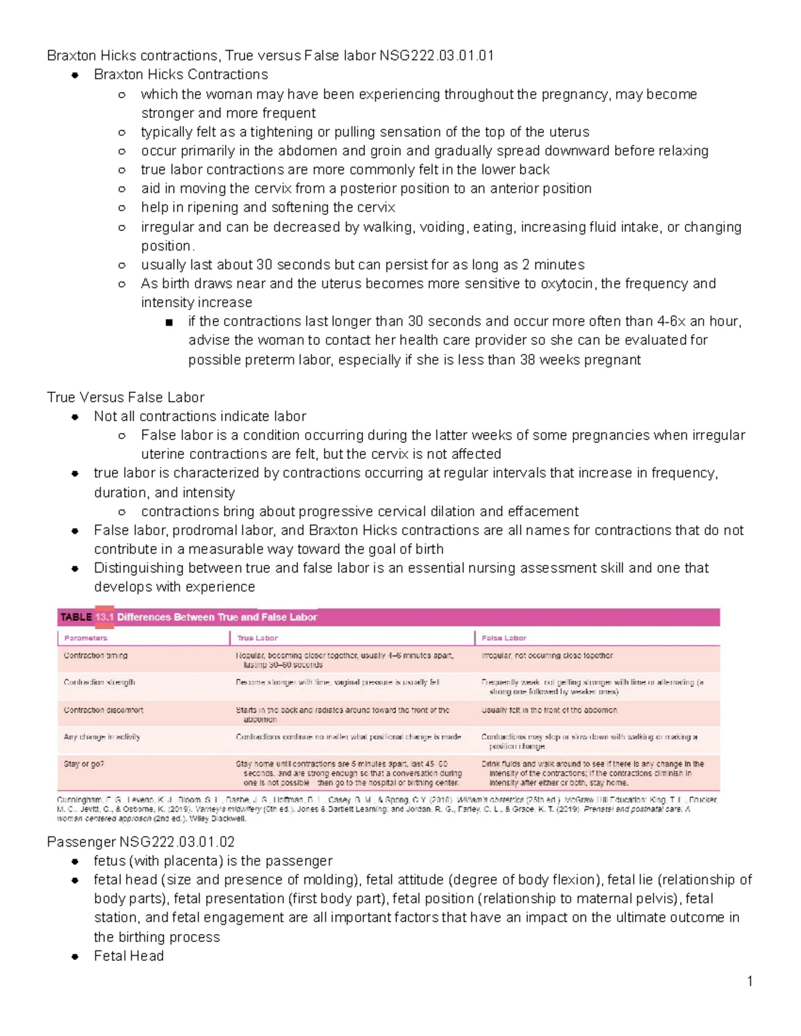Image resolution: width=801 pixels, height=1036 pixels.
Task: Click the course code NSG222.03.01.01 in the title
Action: click(x=437, y=55)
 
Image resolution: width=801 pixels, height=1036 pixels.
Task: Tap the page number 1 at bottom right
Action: click(x=750, y=981)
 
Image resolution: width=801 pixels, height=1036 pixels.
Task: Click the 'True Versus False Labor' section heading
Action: click(x=125, y=398)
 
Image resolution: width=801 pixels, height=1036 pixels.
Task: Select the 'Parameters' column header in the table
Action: click(x=85, y=638)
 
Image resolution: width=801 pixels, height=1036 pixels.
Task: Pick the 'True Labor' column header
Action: click(x=257, y=638)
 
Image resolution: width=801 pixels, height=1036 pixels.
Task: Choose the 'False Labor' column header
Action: click(x=503, y=638)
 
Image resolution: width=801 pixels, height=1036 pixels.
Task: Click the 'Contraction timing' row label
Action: click(x=95, y=656)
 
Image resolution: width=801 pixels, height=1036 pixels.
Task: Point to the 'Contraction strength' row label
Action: click(x=99, y=682)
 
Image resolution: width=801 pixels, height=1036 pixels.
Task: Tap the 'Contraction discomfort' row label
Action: click(x=103, y=710)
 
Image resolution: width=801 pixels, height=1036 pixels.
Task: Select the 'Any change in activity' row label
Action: click(x=101, y=737)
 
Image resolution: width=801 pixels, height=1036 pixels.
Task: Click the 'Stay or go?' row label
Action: click(x=83, y=764)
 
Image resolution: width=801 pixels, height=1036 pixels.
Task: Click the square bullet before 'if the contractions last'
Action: click(x=169, y=322)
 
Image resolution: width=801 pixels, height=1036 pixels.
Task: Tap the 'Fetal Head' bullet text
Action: click(x=129, y=956)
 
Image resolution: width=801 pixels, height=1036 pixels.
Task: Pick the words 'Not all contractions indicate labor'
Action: click(x=200, y=416)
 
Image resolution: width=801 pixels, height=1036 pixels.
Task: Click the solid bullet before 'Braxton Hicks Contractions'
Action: click(x=75, y=75)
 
